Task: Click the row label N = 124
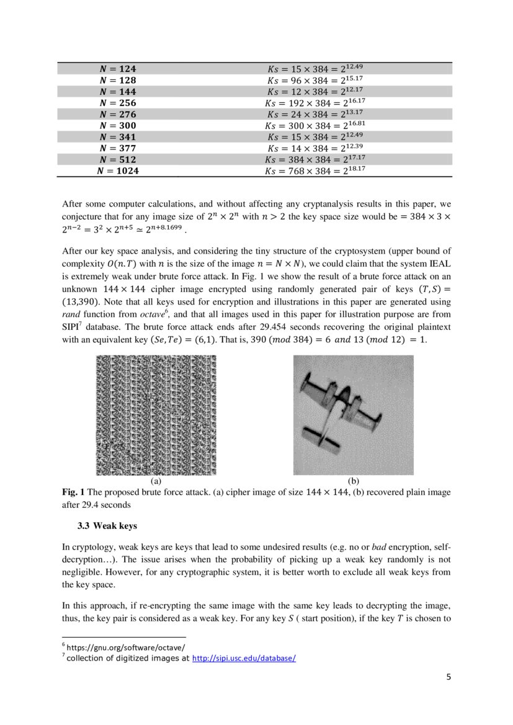coord(118,69)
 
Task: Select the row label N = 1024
coord(118,171)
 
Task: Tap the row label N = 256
coord(118,103)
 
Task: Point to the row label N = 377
coord(118,148)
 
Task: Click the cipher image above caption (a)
coord(156,415)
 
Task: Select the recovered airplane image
coord(353,415)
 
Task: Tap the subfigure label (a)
coord(156,481)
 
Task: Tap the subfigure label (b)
coord(354,481)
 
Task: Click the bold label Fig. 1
coord(73,492)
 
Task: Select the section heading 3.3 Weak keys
coord(107,526)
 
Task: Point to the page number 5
coord(448,677)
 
